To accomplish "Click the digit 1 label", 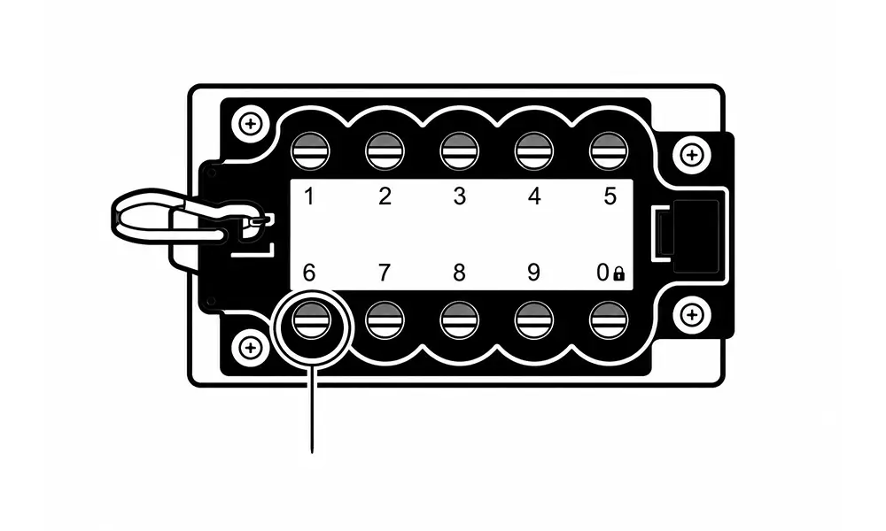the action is click(x=308, y=197).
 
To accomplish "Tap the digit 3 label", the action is click(x=459, y=196).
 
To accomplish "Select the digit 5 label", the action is click(x=610, y=196).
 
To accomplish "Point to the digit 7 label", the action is click(x=385, y=273).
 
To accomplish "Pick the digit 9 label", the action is click(x=534, y=273).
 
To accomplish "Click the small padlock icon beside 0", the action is click(x=618, y=274).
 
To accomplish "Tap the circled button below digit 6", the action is click(x=310, y=320).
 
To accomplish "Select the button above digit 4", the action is click(x=534, y=151).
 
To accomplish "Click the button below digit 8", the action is click(x=459, y=320).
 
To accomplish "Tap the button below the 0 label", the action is click(x=609, y=320).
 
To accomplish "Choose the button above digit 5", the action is click(x=609, y=151).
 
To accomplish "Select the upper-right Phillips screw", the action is click(x=691, y=155).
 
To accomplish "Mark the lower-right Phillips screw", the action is click(x=691, y=315).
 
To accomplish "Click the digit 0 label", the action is click(x=602, y=273).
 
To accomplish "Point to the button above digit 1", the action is click(x=310, y=151).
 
